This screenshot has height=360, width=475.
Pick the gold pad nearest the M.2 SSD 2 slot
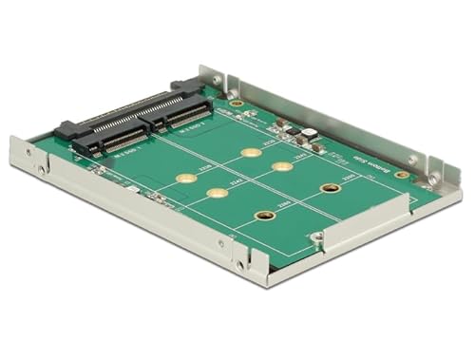pyautogui.click(x=250, y=152)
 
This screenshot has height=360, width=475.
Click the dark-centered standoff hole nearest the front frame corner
pyautogui.click(x=267, y=216)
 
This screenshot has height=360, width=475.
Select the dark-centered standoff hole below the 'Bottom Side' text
pyautogui.click(x=331, y=188)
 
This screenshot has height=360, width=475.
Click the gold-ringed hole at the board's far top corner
pyautogui.click(x=237, y=102)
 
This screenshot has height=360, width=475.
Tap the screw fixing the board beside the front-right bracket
pyautogui.click(x=317, y=235)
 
